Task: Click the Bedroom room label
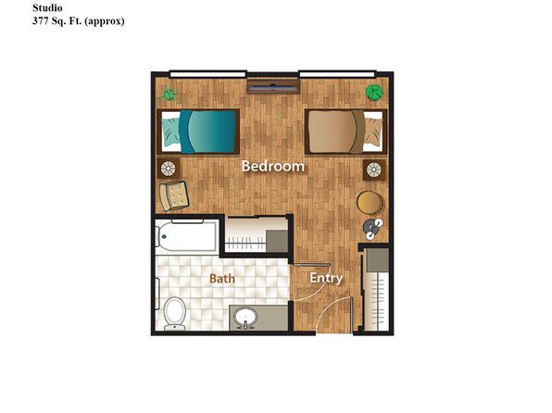pyautogui.click(x=273, y=166)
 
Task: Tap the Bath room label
pyautogui.click(x=221, y=279)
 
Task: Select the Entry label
pyautogui.click(x=326, y=278)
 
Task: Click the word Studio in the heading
pyautogui.click(x=47, y=7)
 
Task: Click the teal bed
pyautogui.click(x=198, y=131)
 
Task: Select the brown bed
pyautogui.click(x=345, y=131)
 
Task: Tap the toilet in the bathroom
pyautogui.click(x=174, y=314)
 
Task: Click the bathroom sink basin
pyautogui.click(x=245, y=318)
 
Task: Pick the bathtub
pyautogui.click(x=186, y=235)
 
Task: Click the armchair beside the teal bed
pyautogui.click(x=174, y=195)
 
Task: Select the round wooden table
pyautogui.click(x=370, y=203)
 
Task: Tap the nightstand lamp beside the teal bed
pyautogui.click(x=169, y=169)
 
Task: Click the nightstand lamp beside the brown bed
pyautogui.click(x=374, y=169)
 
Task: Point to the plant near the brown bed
pyautogui.click(x=374, y=93)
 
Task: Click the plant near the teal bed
pyautogui.click(x=169, y=94)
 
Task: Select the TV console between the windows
pyautogui.click(x=273, y=87)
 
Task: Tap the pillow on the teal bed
pyautogui.click(x=171, y=131)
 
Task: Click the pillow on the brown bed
pyautogui.click(x=372, y=131)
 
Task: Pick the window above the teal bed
pyautogui.click(x=207, y=74)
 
